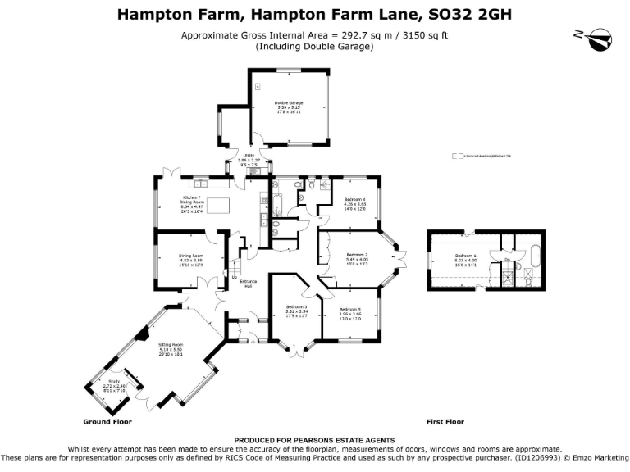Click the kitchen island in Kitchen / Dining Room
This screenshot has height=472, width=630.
pyautogui.click(x=218, y=205)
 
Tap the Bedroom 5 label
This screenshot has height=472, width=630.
pyautogui.click(x=350, y=312)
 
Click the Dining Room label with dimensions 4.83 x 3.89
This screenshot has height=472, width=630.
pyautogui.click(x=191, y=259)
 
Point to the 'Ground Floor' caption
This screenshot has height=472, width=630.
pyautogui.click(x=107, y=422)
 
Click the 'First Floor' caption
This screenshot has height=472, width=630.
pyautogui.click(x=445, y=422)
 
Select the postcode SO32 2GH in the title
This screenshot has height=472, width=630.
pyautogui.click(x=475, y=14)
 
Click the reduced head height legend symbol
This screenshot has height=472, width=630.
pyautogui.click(x=456, y=155)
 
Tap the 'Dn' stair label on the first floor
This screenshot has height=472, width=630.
pyautogui.click(x=508, y=261)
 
